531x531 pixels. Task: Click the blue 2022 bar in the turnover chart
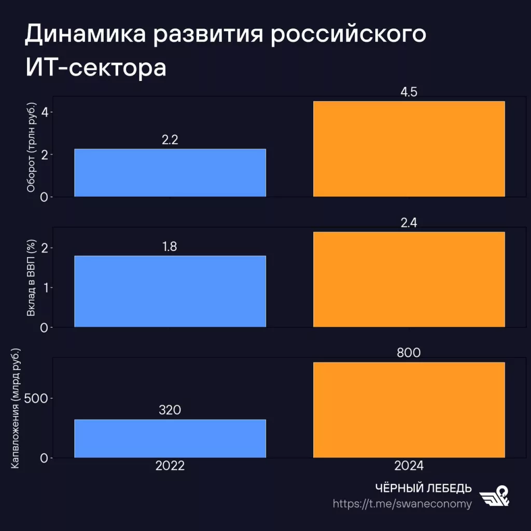click(x=170, y=173)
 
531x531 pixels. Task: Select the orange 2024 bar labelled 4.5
click(x=409, y=149)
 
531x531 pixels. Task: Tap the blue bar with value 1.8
click(x=170, y=291)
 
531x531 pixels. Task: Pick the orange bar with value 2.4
click(x=409, y=280)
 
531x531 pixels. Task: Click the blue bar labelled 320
click(x=170, y=439)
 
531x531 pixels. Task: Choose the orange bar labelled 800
click(x=409, y=410)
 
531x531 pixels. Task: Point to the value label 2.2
click(x=170, y=140)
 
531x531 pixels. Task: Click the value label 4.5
click(x=409, y=92)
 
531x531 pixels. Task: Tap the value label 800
click(x=409, y=353)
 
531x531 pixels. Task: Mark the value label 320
click(x=170, y=411)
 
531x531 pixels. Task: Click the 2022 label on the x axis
click(x=170, y=466)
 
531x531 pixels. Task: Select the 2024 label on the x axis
click(x=409, y=466)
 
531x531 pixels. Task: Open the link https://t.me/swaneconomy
click(x=402, y=504)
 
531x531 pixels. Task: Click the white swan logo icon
click(x=494, y=497)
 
